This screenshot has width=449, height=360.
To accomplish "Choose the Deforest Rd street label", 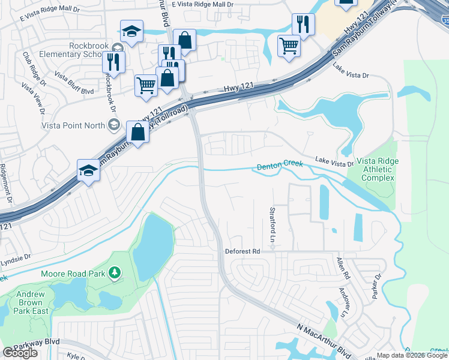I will (x=242, y=251).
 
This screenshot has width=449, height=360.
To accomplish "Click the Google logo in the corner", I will (x=20, y=353).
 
